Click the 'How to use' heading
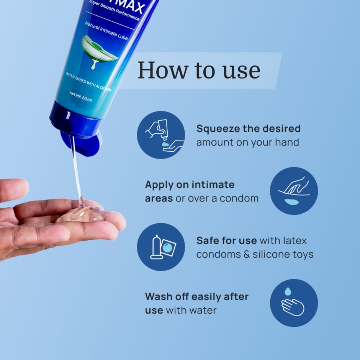[199, 70]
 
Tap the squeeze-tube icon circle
[161, 135]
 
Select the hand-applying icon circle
[294, 191]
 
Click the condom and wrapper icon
[161, 247]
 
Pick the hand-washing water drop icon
[294, 303]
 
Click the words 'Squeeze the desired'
[248, 129]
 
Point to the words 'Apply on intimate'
[190, 185]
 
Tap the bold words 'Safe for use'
[226, 241]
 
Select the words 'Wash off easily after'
[196, 296]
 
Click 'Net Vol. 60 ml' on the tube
[80, 97]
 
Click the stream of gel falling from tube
[76, 169]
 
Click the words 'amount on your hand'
[247, 142]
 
